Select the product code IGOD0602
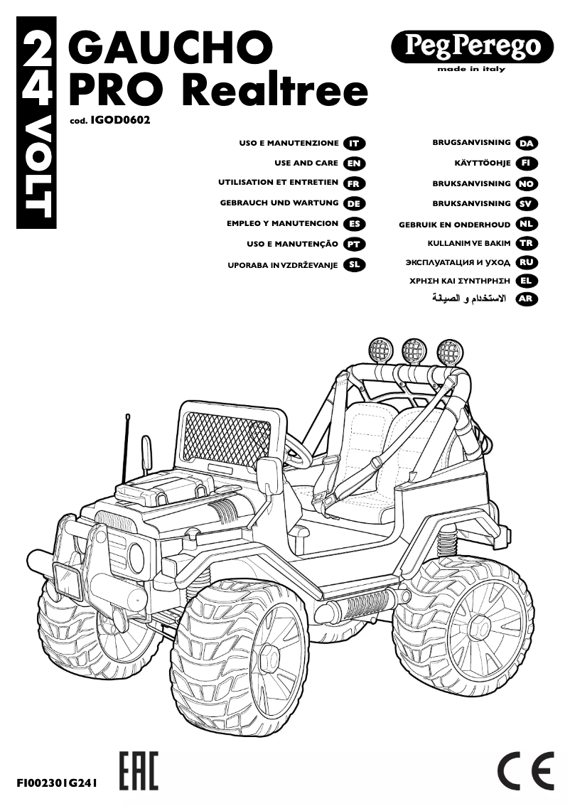click(x=120, y=121)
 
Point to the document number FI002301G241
click(x=56, y=783)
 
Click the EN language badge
click(x=353, y=163)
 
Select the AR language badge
click(x=526, y=299)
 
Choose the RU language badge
click(x=526, y=262)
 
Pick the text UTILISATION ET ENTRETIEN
click(x=279, y=183)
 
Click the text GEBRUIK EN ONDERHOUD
click(x=455, y=225)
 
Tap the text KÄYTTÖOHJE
click(x=483, y=163)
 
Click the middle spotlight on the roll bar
click(x=415, y=350)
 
